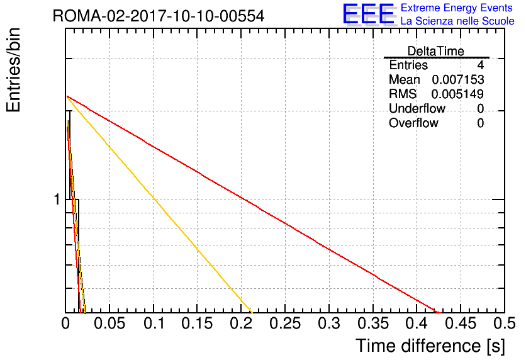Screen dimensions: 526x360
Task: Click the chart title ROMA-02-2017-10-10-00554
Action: pos(159,16)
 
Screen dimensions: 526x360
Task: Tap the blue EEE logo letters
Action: pos(369,14)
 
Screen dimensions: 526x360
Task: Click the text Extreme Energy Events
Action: pos(457,8)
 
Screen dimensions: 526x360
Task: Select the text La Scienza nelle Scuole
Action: pos(457,21)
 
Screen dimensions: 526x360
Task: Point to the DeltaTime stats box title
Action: pos(436,51)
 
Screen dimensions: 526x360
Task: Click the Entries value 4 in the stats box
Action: pos(481,65)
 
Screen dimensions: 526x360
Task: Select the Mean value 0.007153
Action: pos(458,79)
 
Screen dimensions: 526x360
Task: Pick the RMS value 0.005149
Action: pos(457,94)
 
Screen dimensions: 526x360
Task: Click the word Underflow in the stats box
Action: pos(417,108)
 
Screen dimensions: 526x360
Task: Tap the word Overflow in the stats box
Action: pos(413,123)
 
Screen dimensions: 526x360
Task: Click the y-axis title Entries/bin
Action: pos(13,70)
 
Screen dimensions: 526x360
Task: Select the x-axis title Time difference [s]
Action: pos(430,346)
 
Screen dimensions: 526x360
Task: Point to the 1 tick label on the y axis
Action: pos(57,200)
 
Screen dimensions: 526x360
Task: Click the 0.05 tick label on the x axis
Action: pos(109,323)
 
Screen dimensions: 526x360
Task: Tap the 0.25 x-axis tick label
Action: pos(285,323)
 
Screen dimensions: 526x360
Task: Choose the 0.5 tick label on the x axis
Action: pos(505,323)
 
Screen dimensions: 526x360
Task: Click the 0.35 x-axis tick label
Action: pos(373,323)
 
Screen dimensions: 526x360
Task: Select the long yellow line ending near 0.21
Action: pos(159,205)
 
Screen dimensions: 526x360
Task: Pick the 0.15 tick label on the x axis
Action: pos(198,323)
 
